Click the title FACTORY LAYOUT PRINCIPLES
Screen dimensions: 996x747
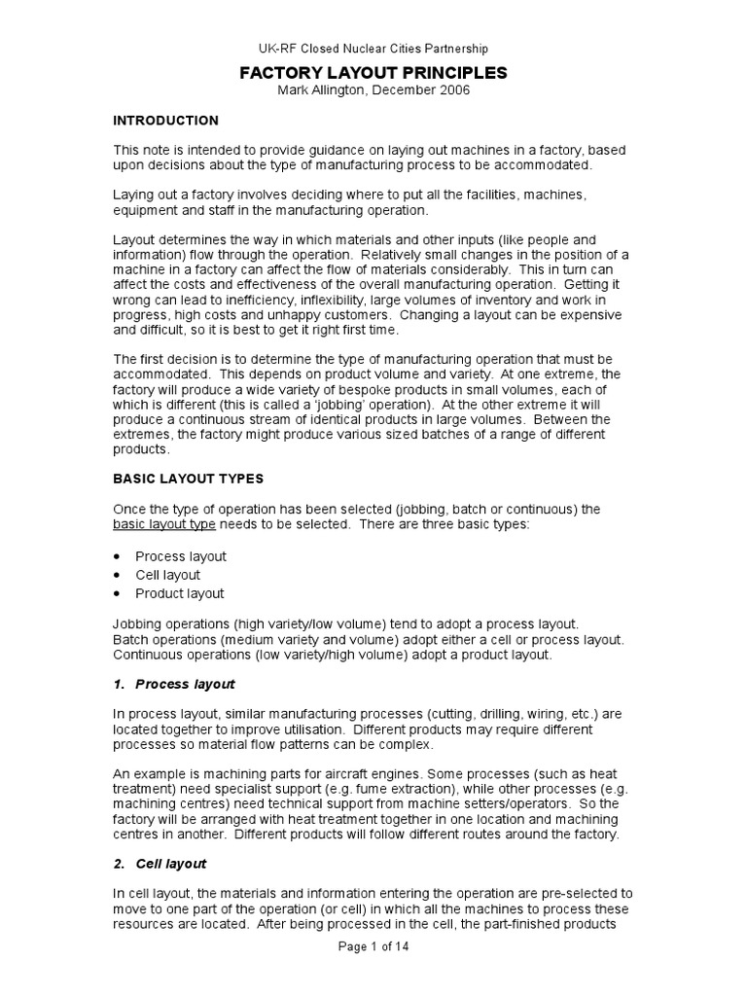coord(373,72)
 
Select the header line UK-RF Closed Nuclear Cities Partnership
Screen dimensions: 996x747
coord(373,48)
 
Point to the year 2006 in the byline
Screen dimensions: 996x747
coord(454,90)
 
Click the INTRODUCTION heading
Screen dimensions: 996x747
coord(166,121)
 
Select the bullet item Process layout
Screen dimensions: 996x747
coord(181,556)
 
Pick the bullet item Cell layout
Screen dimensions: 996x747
coord(167,575)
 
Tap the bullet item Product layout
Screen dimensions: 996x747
coord(179,593)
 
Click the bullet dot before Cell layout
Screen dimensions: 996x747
coord(118,575)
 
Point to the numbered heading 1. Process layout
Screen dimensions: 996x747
coord(174,685)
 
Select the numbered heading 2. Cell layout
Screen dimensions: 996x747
coord(160,864)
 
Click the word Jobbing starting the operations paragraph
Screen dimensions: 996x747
coord(138,622)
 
